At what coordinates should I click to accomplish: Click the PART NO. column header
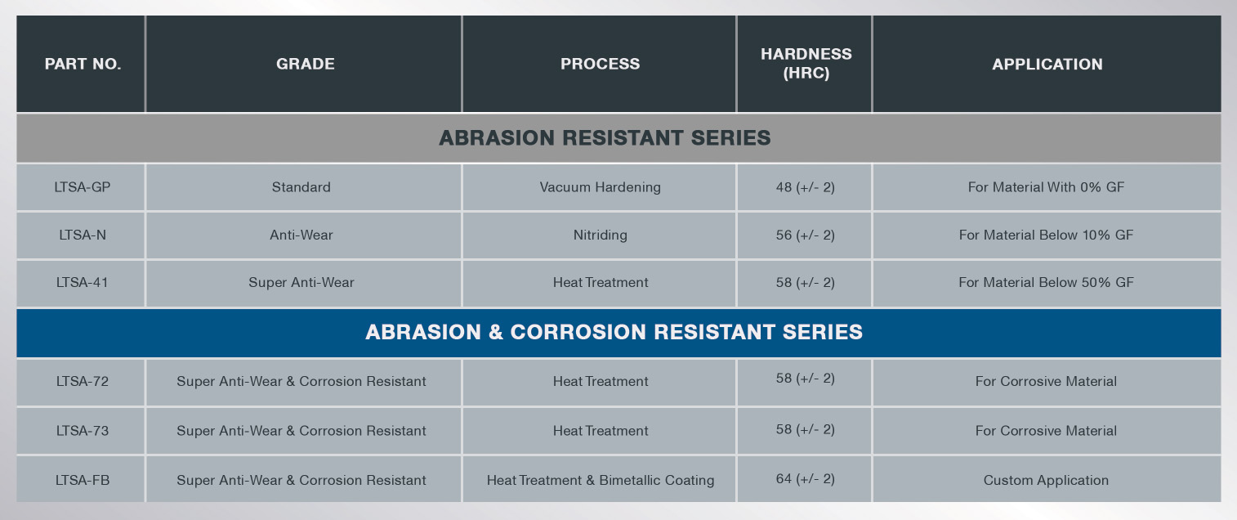pyautogui.click(x=83, y=64)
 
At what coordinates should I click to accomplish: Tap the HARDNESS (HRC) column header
pyautogui.click(x=806, y=64)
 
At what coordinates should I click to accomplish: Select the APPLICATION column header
pyautogui.click(x=1047, y=64)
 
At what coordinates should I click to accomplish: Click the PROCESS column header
pyautogui.click(x=601, y=64)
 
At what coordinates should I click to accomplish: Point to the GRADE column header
pyautogui.click(x=306, y=64)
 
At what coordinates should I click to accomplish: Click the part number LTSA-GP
pyautogui.click(x=83, y=187)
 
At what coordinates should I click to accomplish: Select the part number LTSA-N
pyautogui.click(x=83, y=235)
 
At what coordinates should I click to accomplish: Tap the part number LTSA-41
pyautogui.click(x=83, y=282)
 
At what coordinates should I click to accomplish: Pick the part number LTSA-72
pyautogui.click(x=83, y=381)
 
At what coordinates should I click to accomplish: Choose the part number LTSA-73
pyautogui.click(x=83, y=431)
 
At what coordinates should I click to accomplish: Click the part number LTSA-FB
pyautogui.click(x=83, y=480)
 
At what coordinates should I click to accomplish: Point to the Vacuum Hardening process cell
pyautogui.click(x=601, y=187)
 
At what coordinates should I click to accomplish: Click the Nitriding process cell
pyautogui.click(x=601, y=235)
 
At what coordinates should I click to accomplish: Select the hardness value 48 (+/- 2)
pyautogui.click(x=805, y=187)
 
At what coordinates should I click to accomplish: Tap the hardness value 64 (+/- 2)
pyautogui.click(x=805, y=478)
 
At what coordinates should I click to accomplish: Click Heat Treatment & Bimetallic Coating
pyautogui.click(x=601, y=480)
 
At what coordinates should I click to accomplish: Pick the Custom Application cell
pyautogui.click(x=1046, y=480)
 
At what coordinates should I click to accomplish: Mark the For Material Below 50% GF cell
pyautogui.click(x=1046, y=282)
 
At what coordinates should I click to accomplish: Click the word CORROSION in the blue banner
pyautogui.click(x=578, y=332)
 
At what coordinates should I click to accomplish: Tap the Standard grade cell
pyautogui.click(x=301, y=187)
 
